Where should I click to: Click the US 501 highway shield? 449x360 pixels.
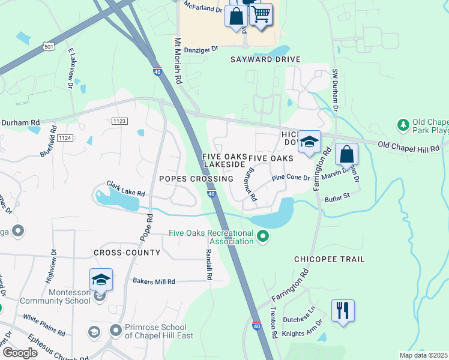click(50, 47)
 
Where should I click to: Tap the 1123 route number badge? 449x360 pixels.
click(119, 121)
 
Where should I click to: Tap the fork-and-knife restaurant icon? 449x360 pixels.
click(343, 310)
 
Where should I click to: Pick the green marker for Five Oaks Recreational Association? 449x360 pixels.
click(262, 237)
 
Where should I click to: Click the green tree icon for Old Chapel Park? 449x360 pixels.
click(403, 125)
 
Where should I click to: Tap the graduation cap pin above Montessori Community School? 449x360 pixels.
click(101, 279)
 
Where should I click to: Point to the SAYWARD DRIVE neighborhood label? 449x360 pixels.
click(265, 60)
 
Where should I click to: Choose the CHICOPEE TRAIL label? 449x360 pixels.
click(329, 259)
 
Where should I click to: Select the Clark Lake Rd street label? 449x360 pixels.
click(126, 189)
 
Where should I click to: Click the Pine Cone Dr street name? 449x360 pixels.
click(291, 178)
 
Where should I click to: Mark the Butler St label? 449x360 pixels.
click(337, 196)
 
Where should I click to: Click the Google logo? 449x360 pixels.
click(20, 353)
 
